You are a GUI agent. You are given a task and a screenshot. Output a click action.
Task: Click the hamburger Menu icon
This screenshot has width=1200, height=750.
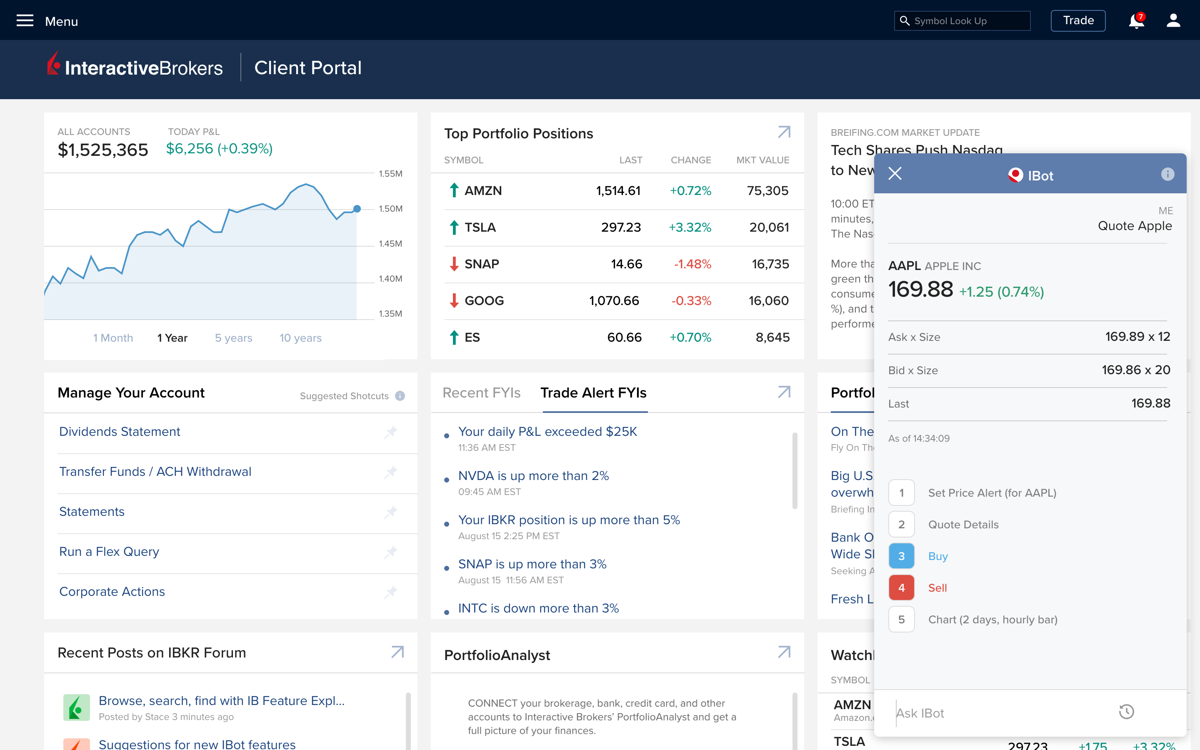[25, 21]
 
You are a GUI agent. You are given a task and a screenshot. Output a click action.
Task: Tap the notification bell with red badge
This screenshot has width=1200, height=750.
[1135, 21]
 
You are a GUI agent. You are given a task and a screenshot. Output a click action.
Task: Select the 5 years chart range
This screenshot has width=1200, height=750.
[234, 338]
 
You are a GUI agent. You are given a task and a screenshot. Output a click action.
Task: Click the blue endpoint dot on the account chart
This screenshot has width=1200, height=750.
[357, 209]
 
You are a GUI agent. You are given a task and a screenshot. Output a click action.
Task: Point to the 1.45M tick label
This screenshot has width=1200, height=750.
[390, 244]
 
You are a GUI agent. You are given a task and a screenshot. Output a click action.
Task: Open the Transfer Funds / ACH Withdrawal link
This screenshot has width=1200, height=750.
[155, 471]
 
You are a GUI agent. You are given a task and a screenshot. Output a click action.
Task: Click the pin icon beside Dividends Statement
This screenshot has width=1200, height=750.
[391, 432]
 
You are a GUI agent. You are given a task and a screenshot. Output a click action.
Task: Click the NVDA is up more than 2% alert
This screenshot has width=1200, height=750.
[533, 476]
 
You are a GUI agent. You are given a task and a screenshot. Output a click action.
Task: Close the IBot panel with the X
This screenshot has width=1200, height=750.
[895, 174]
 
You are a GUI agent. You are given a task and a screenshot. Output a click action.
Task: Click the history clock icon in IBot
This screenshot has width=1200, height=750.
[1126, 712]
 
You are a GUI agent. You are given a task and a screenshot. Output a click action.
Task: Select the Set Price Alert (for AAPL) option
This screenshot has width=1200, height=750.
[992, 493]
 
